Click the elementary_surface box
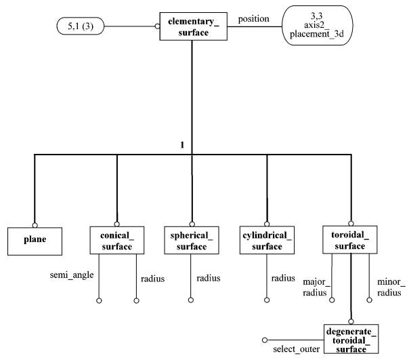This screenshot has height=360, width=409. (193, 26)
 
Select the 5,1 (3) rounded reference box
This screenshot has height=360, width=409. (81, 26)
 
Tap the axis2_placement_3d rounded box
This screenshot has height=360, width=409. (317, 25)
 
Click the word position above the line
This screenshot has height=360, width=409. (253, 19)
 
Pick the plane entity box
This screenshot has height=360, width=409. (35, 241)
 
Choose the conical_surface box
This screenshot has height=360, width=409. (117, 240)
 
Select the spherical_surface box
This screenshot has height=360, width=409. (192, 240)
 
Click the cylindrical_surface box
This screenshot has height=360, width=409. (267, 240)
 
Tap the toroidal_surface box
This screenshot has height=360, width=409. (350, 239)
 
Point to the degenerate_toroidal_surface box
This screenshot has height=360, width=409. (351, 339)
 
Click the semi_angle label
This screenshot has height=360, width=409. (72, 275)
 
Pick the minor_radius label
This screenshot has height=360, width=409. (391, 287)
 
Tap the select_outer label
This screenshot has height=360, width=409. (297, 349)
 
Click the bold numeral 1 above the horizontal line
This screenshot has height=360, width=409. (182, 145)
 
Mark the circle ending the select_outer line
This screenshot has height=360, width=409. (265, 340)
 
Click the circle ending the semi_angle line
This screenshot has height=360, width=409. (99, 301)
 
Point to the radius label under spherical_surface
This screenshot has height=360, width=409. (208, 278)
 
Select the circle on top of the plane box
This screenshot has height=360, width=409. (35, 225)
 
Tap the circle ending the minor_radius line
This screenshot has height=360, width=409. (369, 300)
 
